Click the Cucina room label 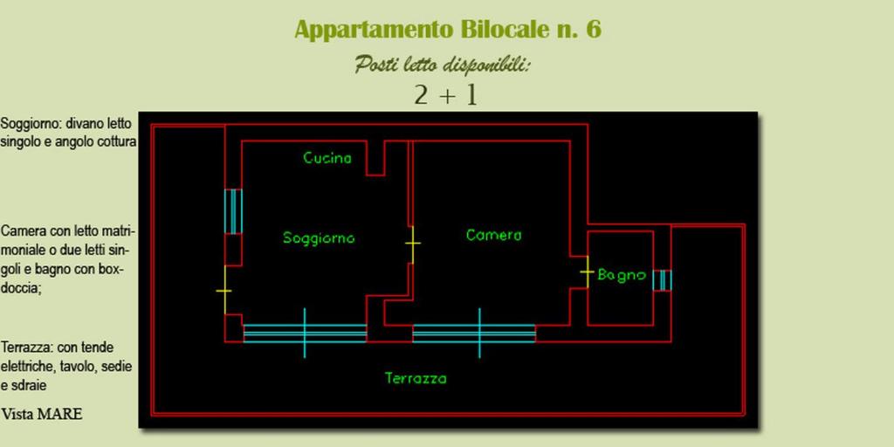327,158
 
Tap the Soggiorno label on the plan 319,237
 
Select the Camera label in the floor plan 494,235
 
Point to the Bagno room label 622,275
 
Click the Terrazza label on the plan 416,378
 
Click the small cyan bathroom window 662,280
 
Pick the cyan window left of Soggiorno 233,211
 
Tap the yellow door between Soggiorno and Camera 413,244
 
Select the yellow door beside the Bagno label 588,272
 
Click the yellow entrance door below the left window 224,290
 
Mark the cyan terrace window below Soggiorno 305,333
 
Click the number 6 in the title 594,29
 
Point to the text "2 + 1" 446,96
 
